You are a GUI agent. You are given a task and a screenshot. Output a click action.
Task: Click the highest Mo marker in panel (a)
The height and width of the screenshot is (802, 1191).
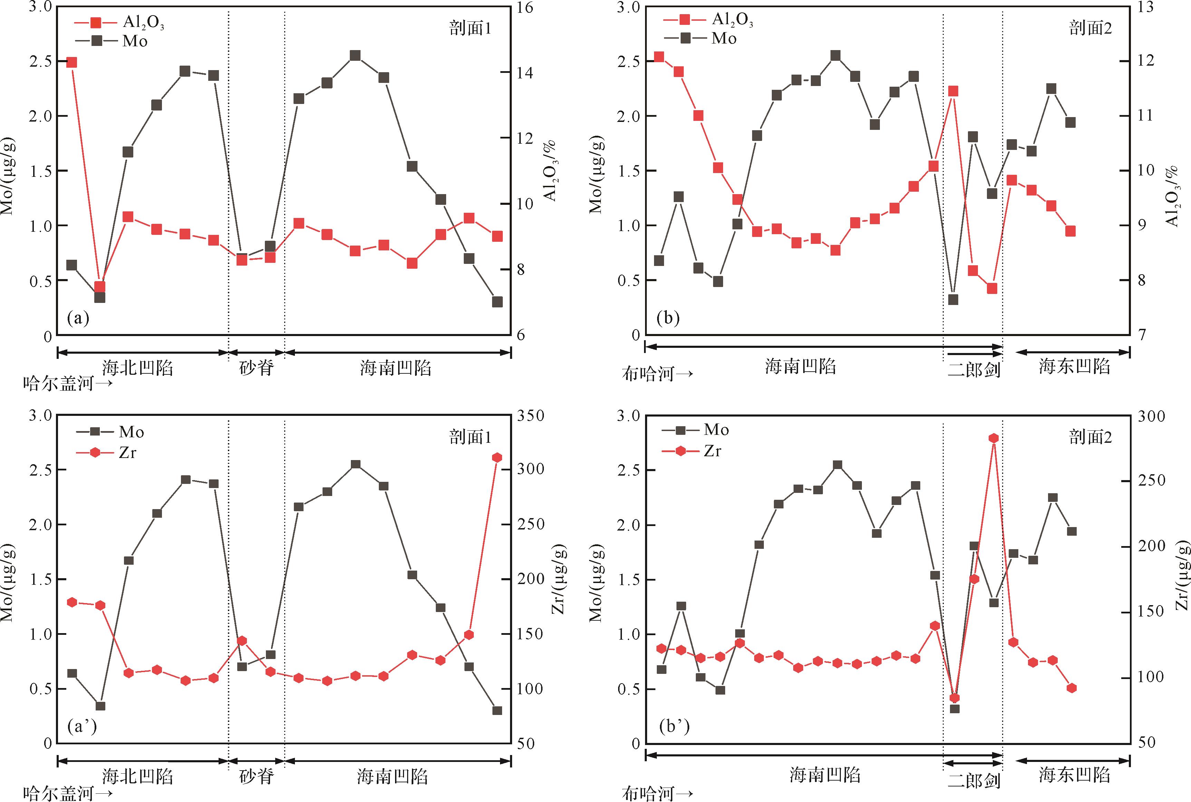coord(355,56)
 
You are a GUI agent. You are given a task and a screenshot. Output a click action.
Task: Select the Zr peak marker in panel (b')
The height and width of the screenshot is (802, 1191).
coord(993,438)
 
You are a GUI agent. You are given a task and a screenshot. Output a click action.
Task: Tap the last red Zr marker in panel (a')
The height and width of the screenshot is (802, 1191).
coord(497,457)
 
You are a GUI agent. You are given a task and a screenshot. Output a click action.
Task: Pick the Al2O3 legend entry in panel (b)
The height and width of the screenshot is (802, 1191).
coord(708,19)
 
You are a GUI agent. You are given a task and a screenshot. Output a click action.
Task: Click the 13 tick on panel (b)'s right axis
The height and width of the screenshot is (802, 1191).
coord(1143,8)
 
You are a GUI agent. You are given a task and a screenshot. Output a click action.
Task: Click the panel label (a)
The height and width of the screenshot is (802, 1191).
coord(78,318)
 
